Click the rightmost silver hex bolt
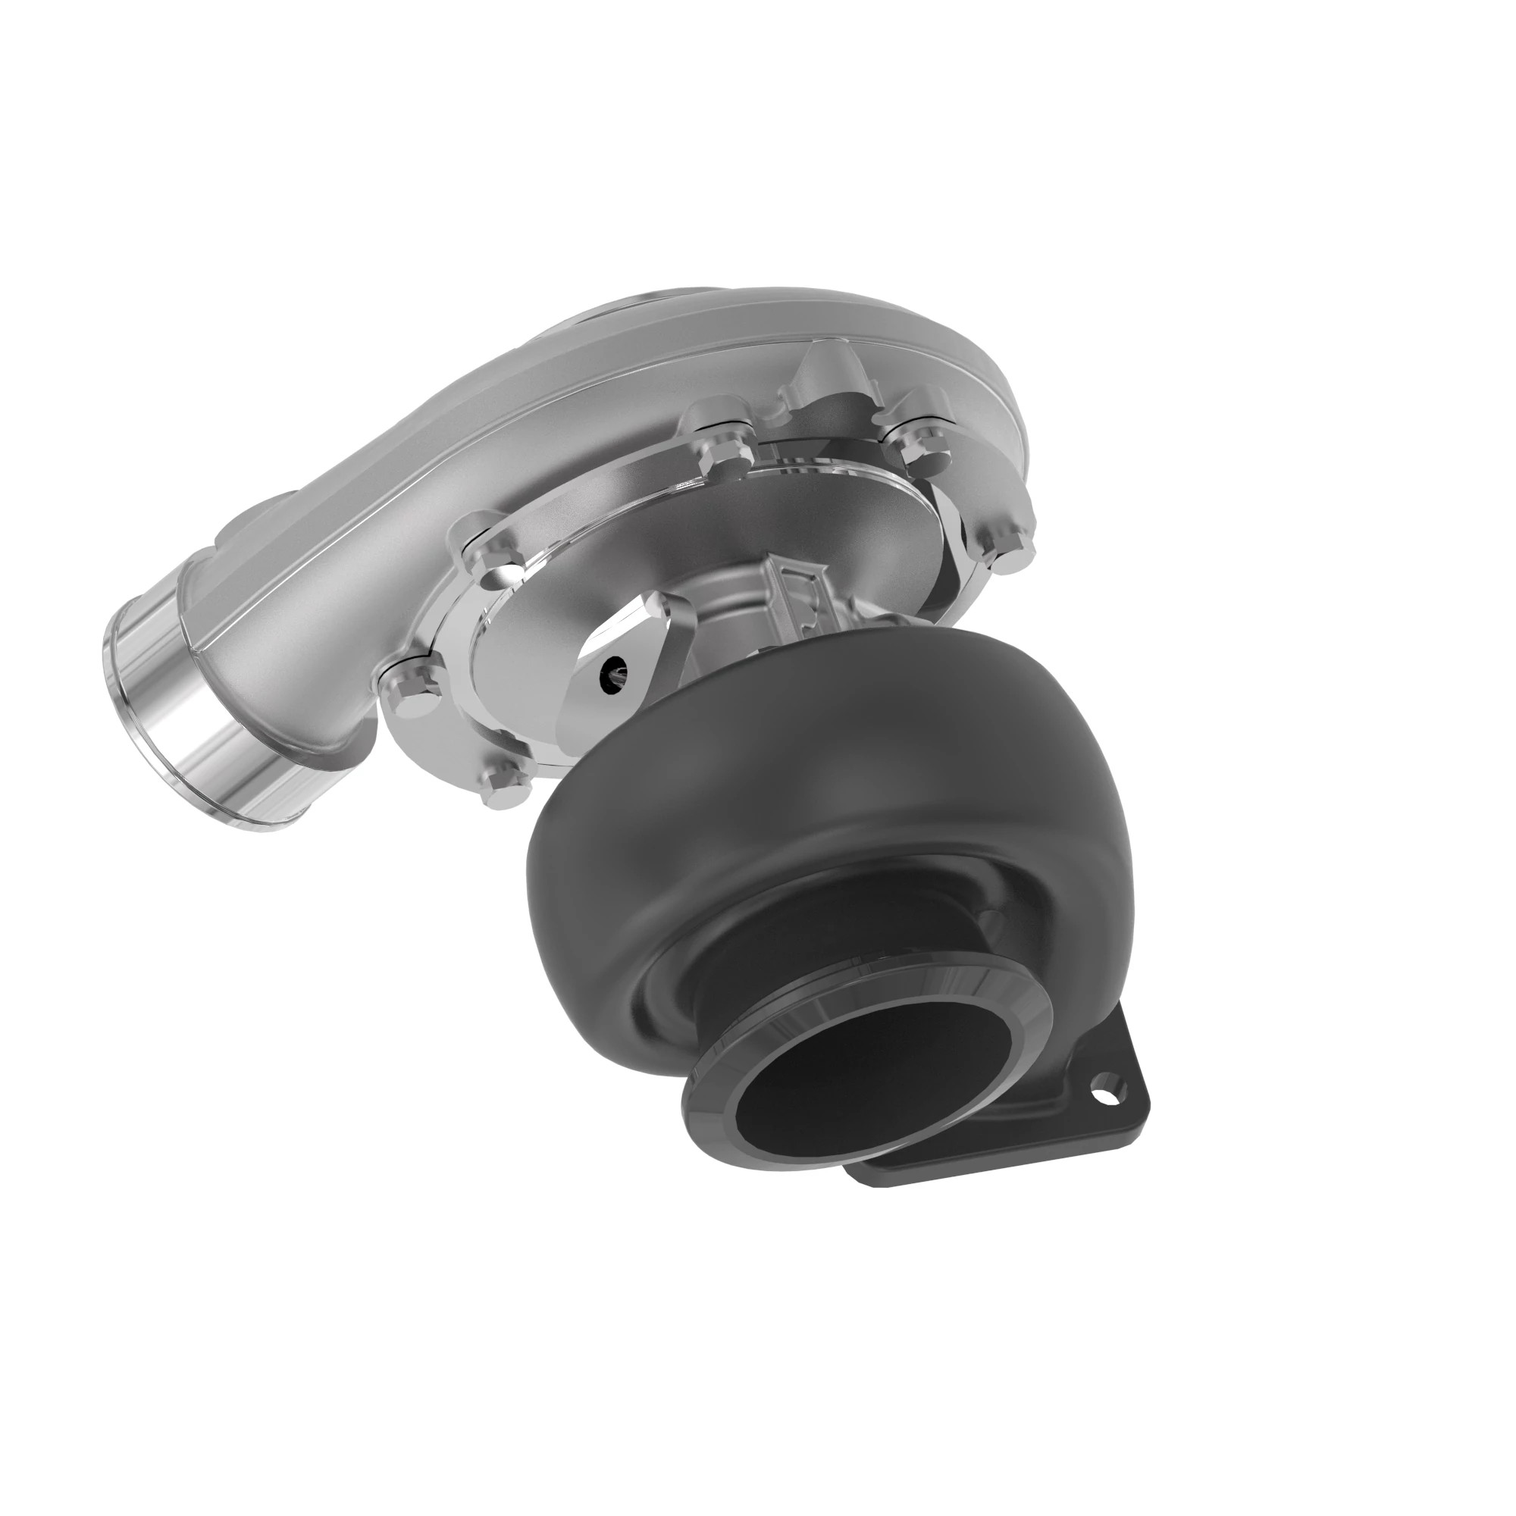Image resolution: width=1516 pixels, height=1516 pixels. tap(1006, 543)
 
